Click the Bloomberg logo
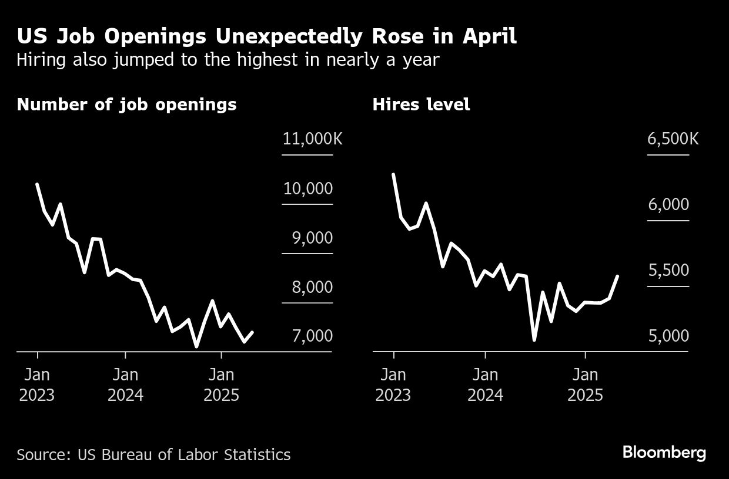coord(664,453)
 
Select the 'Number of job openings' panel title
coord(126,104)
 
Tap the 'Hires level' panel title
coord(421,104)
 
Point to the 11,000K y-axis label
coord(312,139)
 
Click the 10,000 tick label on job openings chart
coord(307,188)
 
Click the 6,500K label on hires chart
coord(673,139)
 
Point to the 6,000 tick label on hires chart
coord(668,205)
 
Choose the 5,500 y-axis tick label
coord(668,271)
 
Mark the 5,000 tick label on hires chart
coord(668,336)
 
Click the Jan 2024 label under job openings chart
coord(125,384)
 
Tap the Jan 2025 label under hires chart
coord(585,384)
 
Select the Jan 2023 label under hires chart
coord(393,384)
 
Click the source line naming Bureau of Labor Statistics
coord(153,454)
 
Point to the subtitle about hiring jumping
coord(228,59)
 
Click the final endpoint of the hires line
coord(618,275)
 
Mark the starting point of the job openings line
coord(37,184)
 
